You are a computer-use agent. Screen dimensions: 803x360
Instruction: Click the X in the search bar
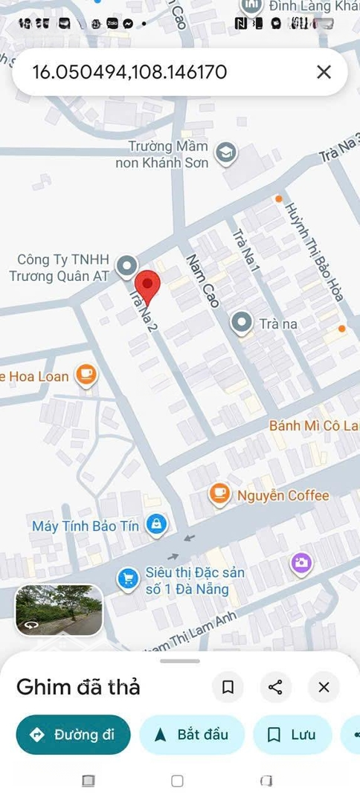click(x=324, y=72)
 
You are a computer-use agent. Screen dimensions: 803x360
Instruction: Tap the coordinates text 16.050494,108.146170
click(x=129, y=72)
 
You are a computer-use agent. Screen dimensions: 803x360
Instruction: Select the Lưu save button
click(x=292, y=735)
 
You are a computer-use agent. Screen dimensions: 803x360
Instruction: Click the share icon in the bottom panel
click(x=275, y=687)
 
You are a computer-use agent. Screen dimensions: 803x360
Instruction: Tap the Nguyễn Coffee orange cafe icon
click(x=219, y=494)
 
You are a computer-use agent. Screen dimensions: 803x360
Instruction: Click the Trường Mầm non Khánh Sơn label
click(x=162, y=155)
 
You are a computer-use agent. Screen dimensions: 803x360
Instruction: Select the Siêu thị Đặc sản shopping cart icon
click(x=128, y=580)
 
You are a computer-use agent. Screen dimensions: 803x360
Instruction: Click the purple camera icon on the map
click(x=301, y=564)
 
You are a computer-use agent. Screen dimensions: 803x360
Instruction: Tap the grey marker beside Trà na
click(x=241, y=323)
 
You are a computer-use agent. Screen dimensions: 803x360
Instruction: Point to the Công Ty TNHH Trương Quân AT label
click(x=60, y=268)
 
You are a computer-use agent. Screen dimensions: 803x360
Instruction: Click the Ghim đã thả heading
click(x=78, y=687)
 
